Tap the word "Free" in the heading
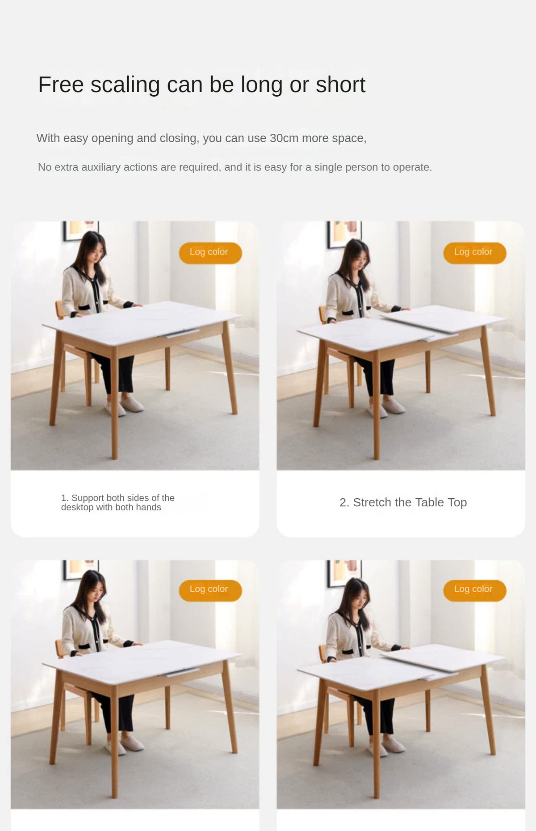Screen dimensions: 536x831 coord(61,85)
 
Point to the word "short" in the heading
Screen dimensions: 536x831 coord(340,85)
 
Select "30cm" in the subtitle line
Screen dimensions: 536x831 coord(284,138)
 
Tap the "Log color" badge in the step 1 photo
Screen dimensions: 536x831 coord(210,253)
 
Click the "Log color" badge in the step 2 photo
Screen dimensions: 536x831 coord(475,253)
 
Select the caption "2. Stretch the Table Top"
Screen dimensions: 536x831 coord(403,502)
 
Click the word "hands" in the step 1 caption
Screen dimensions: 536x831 coord(148,507)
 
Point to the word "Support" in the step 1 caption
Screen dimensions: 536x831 coord(88,498)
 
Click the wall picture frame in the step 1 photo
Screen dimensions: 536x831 coord(80,230)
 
